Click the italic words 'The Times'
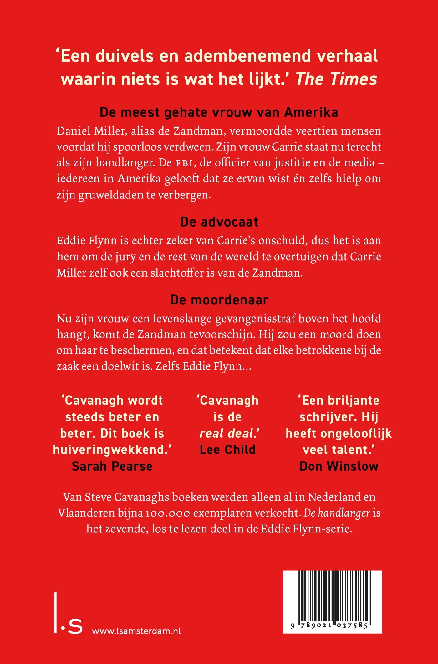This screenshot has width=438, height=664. coord(336,79)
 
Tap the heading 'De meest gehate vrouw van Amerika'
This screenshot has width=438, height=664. coord(219,112)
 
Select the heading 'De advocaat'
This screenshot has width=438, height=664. coord(219,222)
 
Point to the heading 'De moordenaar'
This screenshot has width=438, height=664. coord(219,300)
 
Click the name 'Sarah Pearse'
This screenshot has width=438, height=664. coord(112,466)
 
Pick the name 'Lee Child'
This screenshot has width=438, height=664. coord(228,450)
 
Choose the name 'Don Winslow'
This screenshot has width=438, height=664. coord(339,466)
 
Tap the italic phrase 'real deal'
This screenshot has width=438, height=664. coord(227,433)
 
